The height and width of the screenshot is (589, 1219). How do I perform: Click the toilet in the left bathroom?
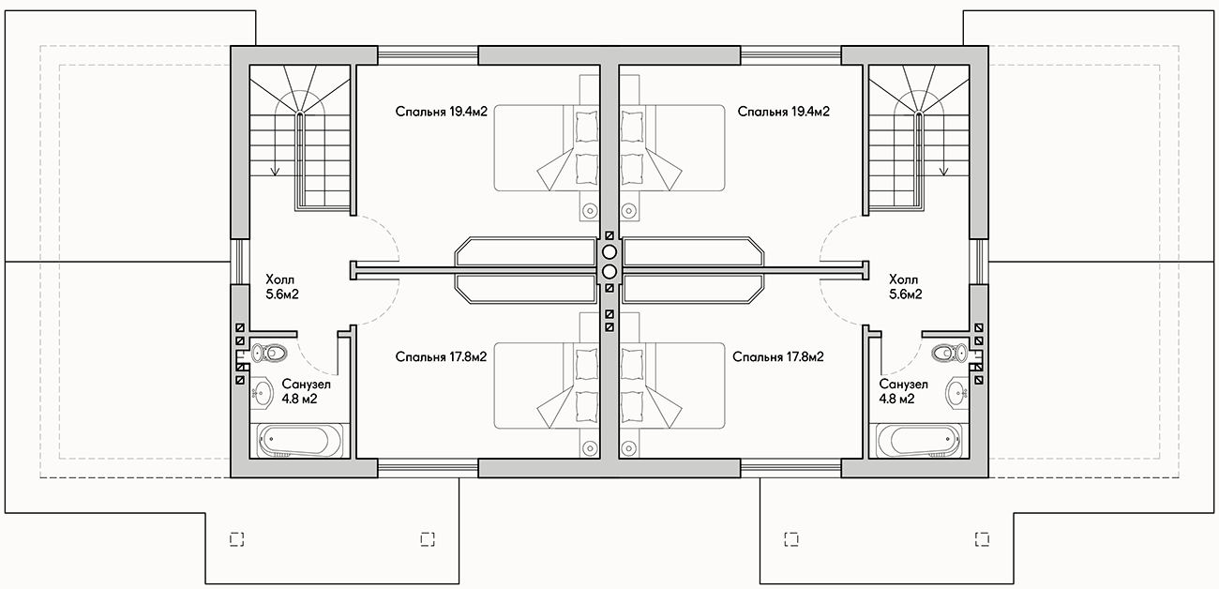coord(269,353)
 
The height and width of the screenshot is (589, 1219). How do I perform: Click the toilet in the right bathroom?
coord(949,353)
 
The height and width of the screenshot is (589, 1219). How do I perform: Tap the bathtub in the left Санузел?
coord(301,441)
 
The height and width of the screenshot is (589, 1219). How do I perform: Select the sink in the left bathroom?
coord(262,391)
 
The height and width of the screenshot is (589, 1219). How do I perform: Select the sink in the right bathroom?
coord(956,391)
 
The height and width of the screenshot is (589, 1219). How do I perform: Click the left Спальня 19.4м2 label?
coord(442,112)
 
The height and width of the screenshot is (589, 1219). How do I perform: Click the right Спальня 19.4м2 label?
coord(784,112)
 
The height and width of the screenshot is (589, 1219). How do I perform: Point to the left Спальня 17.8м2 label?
coord(442,356)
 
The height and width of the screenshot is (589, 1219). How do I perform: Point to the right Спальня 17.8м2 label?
coord(778,356)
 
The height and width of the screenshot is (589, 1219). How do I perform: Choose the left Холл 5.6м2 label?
coord(282,287)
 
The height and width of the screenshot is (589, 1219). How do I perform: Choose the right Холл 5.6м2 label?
coord(906,287)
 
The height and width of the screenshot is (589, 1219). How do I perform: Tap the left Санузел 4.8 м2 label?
coord(307,391)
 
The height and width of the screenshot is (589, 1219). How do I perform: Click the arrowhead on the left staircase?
coord(276,171)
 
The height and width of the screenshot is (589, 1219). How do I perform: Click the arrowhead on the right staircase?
coord(944,171)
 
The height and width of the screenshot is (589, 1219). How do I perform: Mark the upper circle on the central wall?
coord(609,252)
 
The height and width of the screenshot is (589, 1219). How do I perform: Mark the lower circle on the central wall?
coord(609,271)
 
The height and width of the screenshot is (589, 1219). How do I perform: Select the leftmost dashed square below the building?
coord(236,539)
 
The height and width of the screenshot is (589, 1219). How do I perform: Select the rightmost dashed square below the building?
coord(983,539)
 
